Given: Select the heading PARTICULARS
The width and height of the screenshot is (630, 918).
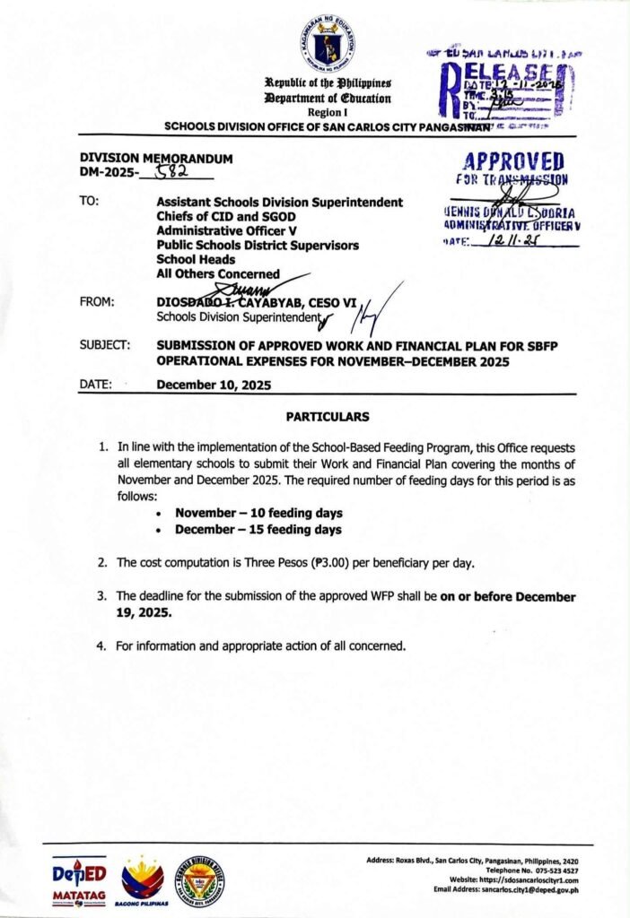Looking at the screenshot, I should tap(327, 417).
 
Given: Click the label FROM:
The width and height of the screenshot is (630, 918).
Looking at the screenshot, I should tap(97, 302).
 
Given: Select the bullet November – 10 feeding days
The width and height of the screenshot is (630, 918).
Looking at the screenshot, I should tap(258, 513).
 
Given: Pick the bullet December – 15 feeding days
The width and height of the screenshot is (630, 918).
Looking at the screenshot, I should tap(258, 530).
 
